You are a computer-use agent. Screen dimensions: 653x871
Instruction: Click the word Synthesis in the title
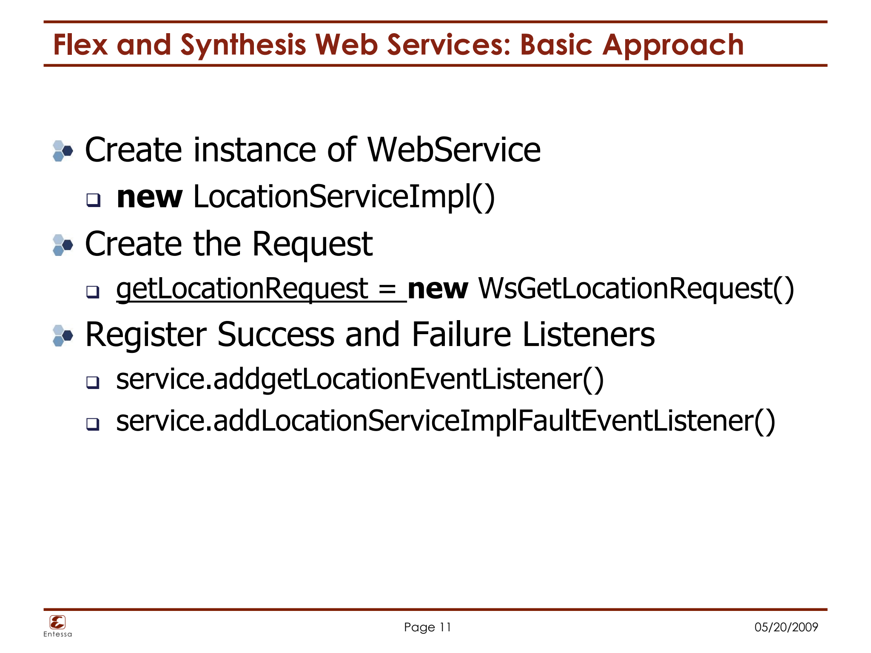243,45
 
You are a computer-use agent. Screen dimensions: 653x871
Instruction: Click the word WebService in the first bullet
454,150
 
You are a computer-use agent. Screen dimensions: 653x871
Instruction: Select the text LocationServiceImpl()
344,197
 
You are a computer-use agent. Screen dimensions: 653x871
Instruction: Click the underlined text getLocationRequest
242,289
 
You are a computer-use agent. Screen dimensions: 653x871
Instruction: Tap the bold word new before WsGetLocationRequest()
438,289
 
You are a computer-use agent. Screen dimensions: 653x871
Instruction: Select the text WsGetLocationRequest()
636,289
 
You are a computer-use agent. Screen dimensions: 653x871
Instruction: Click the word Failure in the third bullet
461,335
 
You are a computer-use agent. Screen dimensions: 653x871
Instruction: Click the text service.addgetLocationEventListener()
360,379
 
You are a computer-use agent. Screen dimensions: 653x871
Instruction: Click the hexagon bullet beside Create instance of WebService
63,151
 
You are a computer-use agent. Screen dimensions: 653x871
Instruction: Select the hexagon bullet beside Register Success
63,336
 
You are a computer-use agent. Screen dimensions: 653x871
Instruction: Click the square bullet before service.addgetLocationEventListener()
93,382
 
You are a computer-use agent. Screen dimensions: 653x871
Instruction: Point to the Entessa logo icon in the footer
57,622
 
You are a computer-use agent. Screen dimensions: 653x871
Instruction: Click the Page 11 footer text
427,627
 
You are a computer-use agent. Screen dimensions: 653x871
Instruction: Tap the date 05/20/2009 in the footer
786,627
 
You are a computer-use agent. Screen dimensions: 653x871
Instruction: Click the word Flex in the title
80,45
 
